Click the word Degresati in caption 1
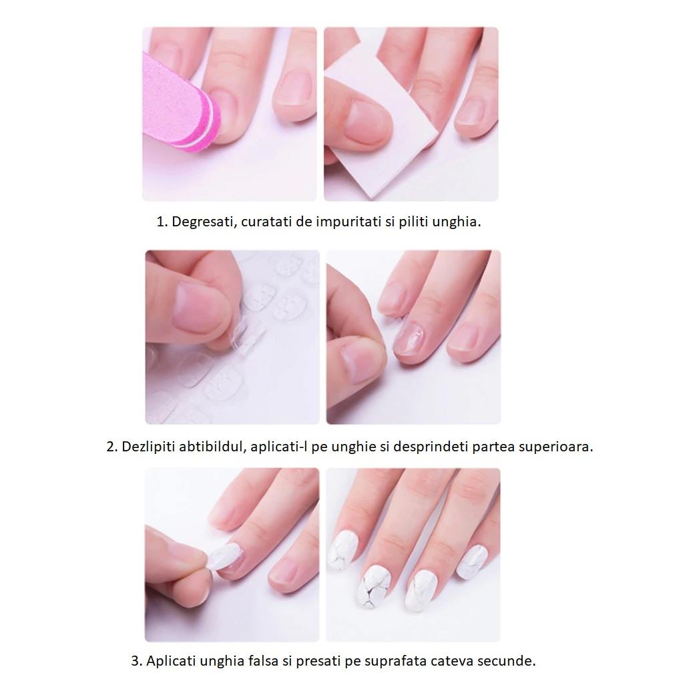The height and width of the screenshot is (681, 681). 204,222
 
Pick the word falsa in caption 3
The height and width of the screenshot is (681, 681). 264,661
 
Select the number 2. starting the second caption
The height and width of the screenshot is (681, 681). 112,447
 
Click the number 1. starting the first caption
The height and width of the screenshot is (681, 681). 162,222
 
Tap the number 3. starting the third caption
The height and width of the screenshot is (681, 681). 137,661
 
